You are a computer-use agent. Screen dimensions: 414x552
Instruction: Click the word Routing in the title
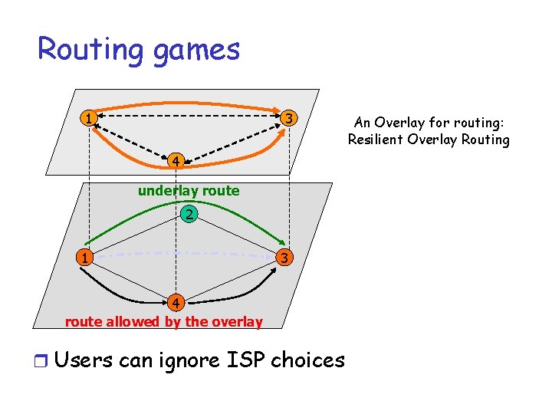coord(89,50)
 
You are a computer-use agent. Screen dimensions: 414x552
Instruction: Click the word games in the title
coord(196,50)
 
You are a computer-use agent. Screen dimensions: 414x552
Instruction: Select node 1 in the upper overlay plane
coord(90,119)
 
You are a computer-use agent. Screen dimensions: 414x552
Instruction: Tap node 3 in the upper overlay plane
coord(288,118)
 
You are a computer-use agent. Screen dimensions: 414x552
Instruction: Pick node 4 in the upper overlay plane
coord(176,161)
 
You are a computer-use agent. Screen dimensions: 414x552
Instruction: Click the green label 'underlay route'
coord(189,191)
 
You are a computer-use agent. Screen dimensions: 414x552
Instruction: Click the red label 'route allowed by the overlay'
coord(164,322)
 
